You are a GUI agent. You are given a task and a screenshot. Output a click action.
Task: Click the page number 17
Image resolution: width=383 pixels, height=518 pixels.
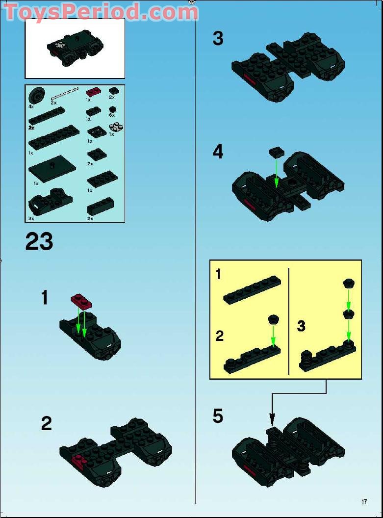pyautogui.click(x=364, y=501)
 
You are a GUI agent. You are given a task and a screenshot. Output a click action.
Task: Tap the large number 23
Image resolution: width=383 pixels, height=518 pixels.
pyautogui.click(x=39, y=241)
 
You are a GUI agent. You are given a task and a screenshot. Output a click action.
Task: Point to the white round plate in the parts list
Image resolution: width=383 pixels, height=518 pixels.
pyautogui.click(x=116, y=127)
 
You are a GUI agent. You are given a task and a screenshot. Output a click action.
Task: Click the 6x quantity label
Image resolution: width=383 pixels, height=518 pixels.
pyautogui.click(x=112, y=115)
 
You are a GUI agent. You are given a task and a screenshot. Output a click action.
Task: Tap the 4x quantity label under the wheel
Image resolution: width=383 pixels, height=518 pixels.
pyautogui.click(x=31, y=107)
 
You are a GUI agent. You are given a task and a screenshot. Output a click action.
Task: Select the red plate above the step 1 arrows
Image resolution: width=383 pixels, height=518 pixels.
pyautogui.click(x=81, y=301)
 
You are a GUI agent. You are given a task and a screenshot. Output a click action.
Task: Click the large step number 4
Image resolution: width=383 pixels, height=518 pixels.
pyautogui.click(x=218, y=152)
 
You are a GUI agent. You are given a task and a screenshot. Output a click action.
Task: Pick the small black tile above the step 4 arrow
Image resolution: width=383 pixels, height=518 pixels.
pyautogui.click(x=277, y=152)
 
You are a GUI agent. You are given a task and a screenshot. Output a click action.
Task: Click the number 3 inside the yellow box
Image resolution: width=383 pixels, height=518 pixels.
pyautogui.click(x=301, y=326)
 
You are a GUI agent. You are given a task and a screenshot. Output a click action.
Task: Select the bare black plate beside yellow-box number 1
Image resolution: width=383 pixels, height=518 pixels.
pyautogui.click(x=252, y=290)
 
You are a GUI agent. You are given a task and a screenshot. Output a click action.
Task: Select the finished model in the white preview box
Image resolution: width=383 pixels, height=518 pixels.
pyautogui.click(x=75, y=49)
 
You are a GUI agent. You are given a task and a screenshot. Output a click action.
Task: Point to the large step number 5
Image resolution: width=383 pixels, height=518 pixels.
pyautogui.click(x=218, y=415)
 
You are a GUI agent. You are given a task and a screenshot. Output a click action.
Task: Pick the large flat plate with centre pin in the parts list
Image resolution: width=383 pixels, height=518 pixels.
pyautogui.click(x=52, y=168)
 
